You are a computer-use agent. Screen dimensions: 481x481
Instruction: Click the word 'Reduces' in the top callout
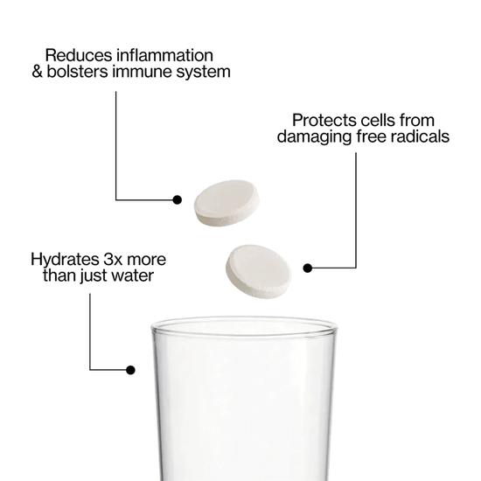pos(79,55)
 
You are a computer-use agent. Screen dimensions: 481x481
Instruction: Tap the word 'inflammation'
pos(165,55)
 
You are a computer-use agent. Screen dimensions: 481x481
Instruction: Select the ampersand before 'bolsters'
pos(37,72)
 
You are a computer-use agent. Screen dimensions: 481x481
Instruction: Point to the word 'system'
pos(203,73)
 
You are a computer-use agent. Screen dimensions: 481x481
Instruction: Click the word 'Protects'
pos(324,121)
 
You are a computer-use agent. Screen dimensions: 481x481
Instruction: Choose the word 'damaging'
pos(314,137)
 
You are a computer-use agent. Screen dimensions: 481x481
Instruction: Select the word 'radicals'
pos(420,136)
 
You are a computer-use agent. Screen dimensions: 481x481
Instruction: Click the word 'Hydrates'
pos(65,260)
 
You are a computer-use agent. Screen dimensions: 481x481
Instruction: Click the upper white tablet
pos(227,203)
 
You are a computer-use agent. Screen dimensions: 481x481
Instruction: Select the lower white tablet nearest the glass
pos(258,271)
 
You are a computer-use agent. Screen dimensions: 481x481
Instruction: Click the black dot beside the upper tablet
pos(177,200)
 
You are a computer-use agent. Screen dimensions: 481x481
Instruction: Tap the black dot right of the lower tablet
pos(307,268)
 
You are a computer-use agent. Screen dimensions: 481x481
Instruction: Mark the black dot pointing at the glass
pos(130,370)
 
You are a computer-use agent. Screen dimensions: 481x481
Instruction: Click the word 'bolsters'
pos(77,72)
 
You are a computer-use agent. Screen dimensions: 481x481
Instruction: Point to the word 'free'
pos(371,136)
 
